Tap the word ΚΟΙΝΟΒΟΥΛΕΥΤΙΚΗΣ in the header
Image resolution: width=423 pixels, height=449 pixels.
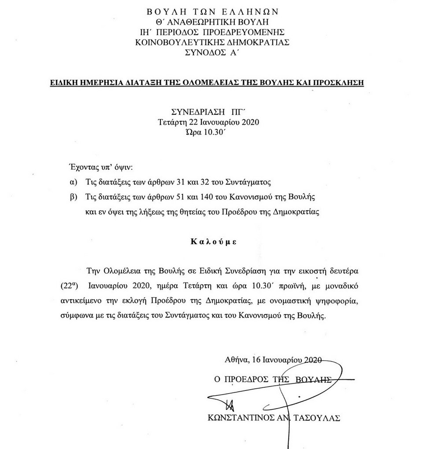click(176, 42)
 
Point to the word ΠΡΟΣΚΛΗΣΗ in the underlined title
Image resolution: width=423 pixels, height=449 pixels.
click(341, 82)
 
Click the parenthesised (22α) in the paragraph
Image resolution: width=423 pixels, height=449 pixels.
click(69, 285)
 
